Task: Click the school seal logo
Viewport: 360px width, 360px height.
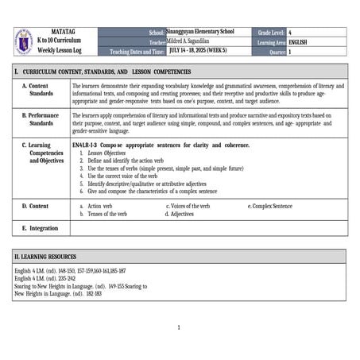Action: (x=23, y=41)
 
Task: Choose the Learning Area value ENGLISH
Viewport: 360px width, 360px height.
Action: (x=299, y=41)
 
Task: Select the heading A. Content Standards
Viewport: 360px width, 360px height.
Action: (x=41, y=89)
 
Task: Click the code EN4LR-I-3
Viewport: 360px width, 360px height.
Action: (x=85, y=145)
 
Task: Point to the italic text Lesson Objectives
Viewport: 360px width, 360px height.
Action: (x=106, y=153)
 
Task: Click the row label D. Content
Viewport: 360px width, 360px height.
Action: (x=36, y=206)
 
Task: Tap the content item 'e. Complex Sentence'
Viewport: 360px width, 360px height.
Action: (x=270, y=206)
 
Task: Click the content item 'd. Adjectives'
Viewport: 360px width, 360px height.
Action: (x=180, y=214)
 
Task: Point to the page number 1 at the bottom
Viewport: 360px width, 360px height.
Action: (x=179, y=327)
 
